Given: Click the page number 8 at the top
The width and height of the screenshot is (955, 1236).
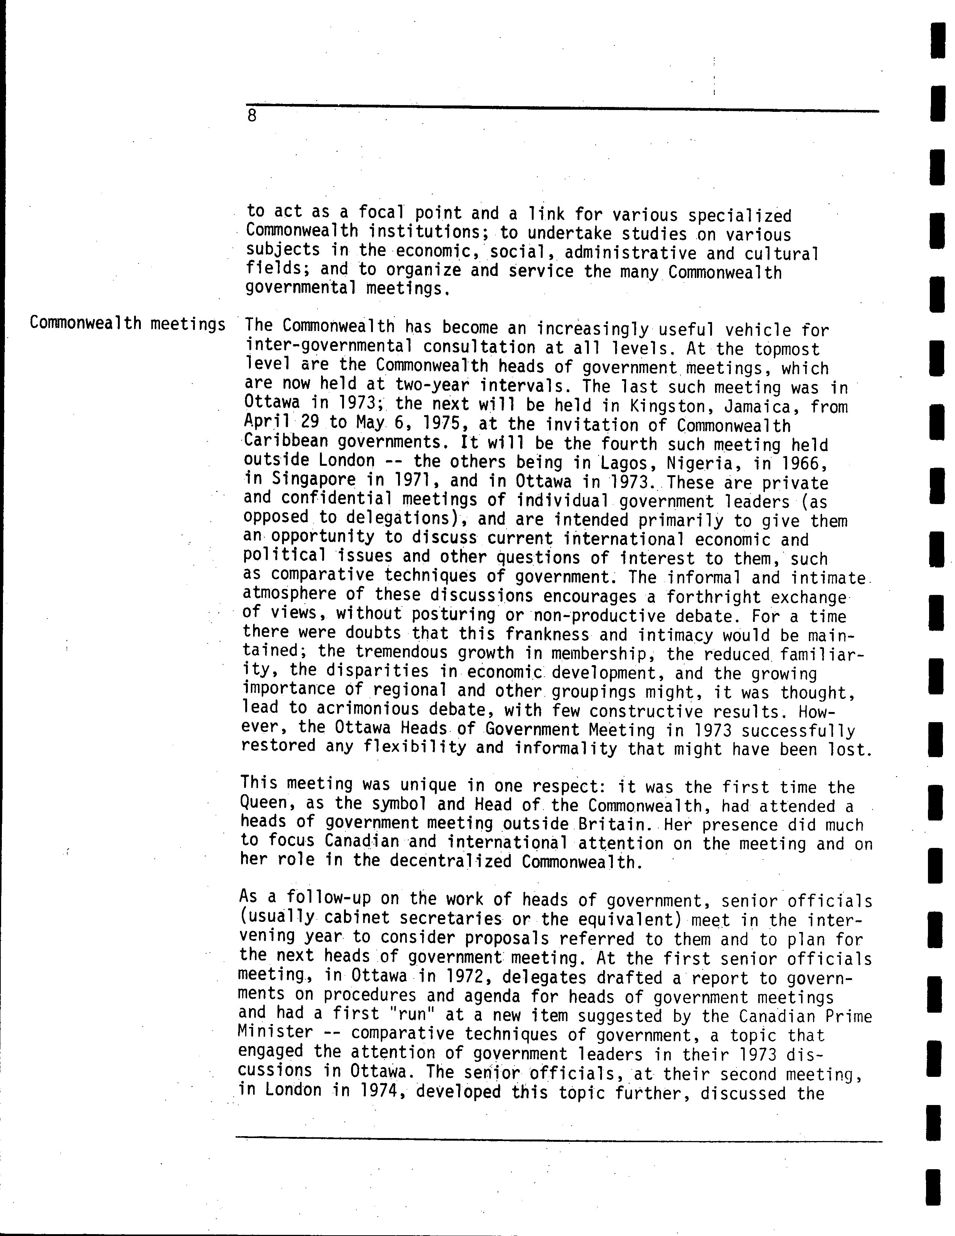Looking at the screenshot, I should (x=252, y=116).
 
